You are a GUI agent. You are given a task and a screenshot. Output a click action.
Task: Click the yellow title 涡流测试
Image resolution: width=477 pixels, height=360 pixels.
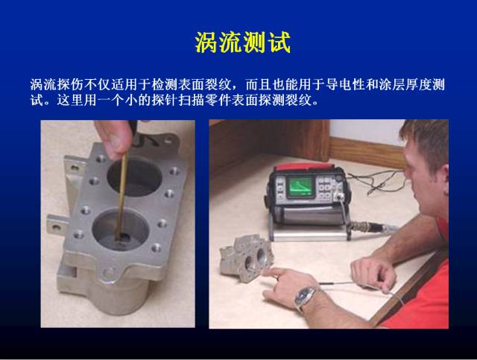coord(243,42)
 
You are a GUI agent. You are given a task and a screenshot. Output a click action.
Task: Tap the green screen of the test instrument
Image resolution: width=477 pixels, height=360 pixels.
coord(300,186)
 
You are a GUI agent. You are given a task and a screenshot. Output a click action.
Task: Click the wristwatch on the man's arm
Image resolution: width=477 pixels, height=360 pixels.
coord(305,296)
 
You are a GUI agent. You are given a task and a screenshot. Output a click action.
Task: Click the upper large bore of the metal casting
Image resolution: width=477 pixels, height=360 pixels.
coord(134,177)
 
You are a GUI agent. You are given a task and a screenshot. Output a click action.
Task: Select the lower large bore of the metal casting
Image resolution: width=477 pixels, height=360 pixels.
coord(121,230)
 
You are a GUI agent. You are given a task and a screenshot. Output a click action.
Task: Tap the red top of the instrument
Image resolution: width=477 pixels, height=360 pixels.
coord(304,166)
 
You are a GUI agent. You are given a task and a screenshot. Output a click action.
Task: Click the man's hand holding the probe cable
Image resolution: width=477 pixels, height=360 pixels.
coord(373,271)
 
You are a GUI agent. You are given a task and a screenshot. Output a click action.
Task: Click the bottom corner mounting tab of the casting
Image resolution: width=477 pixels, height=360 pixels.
coord(110,273)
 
